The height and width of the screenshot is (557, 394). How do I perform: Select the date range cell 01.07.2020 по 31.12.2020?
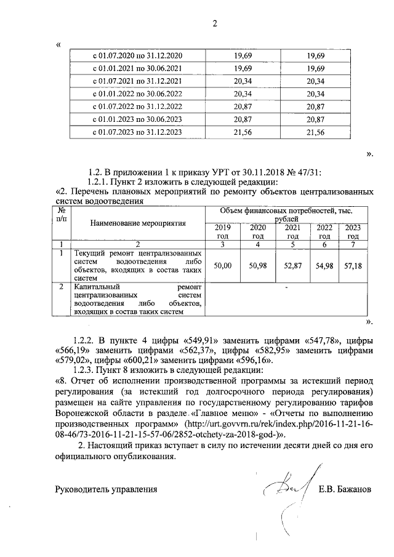click(137, 56)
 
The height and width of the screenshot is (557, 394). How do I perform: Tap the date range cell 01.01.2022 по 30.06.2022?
click(137, 94)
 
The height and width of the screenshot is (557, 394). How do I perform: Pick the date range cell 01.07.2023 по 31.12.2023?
click(137, 132)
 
